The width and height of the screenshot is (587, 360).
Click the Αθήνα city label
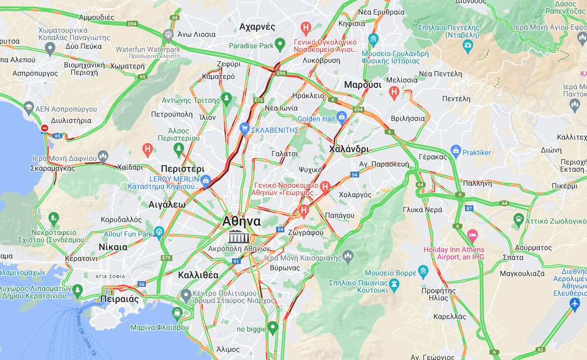pyautogui.click(x=241, y=221)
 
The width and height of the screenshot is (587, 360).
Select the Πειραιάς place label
pyautogui.click(x=118, y=299)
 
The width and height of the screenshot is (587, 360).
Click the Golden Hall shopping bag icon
pyautogui.click(x=342, y=117)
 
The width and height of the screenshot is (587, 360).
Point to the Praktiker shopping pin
pyautogui.click(x=456, y=151)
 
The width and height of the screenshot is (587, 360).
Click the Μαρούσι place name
pyautogui.click(x=363, y=85)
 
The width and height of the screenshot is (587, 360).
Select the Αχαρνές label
pyautogui.click(x=257, y=26)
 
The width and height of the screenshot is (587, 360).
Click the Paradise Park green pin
pyautogui.click(x=280, y=45)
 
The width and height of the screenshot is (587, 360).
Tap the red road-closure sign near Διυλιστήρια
pyautogui.click(x=45, y=128)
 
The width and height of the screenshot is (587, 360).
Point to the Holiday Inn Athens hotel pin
pyautogui.click(x=472, y=235)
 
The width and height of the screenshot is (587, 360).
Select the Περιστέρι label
pyautogui.click(x=182, y=169)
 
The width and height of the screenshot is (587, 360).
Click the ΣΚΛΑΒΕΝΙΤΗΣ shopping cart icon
pyautogui.click(x=244, y=128)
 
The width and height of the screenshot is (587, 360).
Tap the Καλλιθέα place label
pyautogui.click(x=198, y=275)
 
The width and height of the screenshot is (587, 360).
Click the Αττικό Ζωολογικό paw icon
pyautogui.click(x=518, y=219)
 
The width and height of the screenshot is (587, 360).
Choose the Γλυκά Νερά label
pyautogui.click(x=422, y=210)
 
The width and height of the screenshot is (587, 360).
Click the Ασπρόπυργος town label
pyautogui.click(x=35, y=73)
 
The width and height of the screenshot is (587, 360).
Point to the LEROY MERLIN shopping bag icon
pyautogui.click(x=206, y=180)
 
